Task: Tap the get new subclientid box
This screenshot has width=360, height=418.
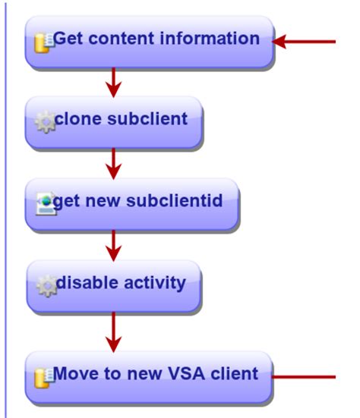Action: coord(133,203)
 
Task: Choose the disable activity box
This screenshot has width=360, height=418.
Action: coord(114,286)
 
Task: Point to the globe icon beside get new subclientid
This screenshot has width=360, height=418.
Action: coord(45,203)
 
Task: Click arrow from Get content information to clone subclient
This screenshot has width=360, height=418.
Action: coord(113,82)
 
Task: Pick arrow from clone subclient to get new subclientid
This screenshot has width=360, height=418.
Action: coord(113,162)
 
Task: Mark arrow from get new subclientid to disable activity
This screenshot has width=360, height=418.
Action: coord(113,244)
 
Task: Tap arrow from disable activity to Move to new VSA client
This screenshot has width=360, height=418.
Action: coord(113,331)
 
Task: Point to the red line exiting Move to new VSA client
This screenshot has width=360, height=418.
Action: coord(304,376)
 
